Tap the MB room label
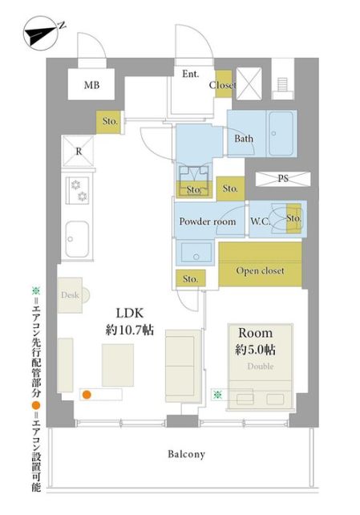(91, 85)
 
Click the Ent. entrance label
(191, 74)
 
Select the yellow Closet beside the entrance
(224, 84)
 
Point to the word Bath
(244, 139)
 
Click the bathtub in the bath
(281, 134)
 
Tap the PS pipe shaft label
(283, 179)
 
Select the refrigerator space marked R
(79, 152)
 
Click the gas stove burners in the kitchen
(79, 190)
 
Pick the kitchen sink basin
(77, 239)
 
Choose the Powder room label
(208, 221)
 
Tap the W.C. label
(261, 221)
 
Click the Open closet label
(261, 271)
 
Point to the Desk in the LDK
(71, 295)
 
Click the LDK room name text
(130, 313)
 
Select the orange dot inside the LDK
(87, 395)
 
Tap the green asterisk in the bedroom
(217, 395)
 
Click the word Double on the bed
(261, 367)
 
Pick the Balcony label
(186, 454)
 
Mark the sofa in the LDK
(183, 367)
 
